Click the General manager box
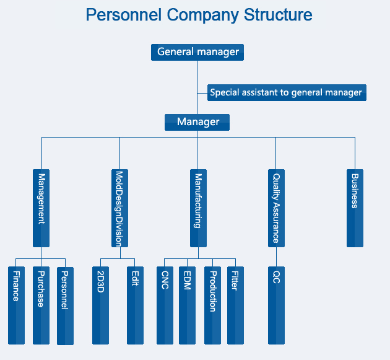[x=197, y=52]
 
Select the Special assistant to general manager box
[x=287, y=92]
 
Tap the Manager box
[x=197, y=122]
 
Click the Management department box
[x=41, y=208]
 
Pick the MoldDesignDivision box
[x=119, y=208]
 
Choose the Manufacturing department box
[x=198, y=208]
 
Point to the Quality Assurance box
[x=276, y=208]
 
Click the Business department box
[x=355, y=208]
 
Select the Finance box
[x=17, y=305]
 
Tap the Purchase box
[x=41, y=305]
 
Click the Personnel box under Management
[x=65, y=306]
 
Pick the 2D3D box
[x=100, y=305]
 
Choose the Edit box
[x=135, y=305]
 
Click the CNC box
[x=165, y=305]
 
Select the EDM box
[x=187, y=305]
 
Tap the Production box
[x=212, y=305]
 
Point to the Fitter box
[x=235, y=305]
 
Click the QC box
[x=276, y=305]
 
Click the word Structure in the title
[x=278, y=15]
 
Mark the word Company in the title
[x=202, y=15]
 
